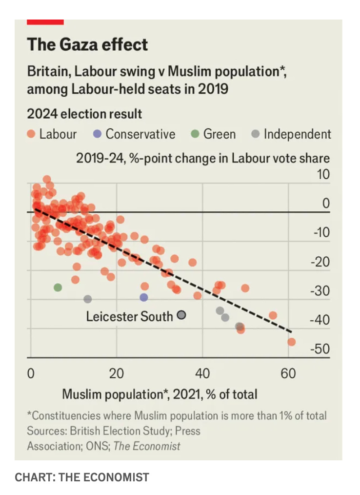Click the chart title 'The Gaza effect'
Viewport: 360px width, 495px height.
point(87,45)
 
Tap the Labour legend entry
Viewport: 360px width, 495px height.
point(52,134)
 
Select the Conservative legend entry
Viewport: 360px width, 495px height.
point(134,134)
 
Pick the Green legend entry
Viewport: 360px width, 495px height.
point(213,134)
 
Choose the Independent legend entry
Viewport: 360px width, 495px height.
point(291,134)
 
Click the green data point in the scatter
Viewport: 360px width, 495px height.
point(58,288)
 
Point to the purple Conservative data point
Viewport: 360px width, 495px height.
point(144,297)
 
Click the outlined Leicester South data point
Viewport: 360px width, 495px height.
point(181,315)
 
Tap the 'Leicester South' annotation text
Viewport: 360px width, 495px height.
point(129,316)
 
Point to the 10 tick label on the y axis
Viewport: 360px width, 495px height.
point(323,174)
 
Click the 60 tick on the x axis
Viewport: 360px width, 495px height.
point(288,374)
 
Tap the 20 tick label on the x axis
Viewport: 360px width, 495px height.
point(117,374)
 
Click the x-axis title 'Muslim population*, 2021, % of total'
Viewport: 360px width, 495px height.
point(160,393)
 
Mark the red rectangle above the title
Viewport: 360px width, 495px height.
point(45,21)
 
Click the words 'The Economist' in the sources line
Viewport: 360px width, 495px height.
point(147,446)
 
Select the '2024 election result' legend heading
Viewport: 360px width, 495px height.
point(84,114)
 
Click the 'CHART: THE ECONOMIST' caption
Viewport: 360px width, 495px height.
point(82,477)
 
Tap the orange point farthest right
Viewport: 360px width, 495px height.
point(292,342)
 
